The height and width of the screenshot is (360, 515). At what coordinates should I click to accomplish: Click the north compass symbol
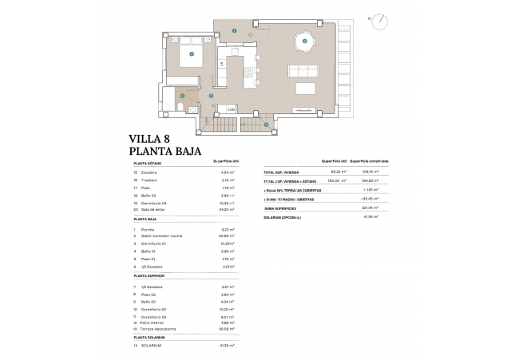(384, 22)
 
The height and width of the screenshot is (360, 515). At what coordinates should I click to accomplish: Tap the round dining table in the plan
(303, 41)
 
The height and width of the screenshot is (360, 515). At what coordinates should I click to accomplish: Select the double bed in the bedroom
(192, 56)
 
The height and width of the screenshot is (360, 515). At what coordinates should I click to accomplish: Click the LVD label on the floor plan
(230, 109)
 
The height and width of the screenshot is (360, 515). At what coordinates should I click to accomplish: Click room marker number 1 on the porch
(234, 30)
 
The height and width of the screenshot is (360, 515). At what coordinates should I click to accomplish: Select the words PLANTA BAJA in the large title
(164, 150)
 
